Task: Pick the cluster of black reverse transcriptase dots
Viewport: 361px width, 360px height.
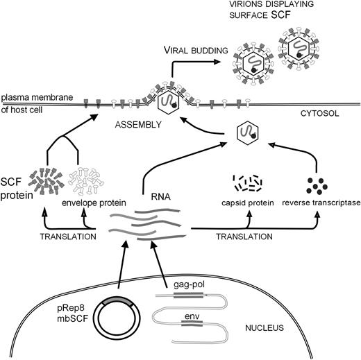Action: pyautogui.click(x=318, y=185)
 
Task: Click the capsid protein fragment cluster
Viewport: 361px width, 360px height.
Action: pyautogui.click(x=248, y=183)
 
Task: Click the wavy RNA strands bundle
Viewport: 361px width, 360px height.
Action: pyautogui.click(x=149, y=226)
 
